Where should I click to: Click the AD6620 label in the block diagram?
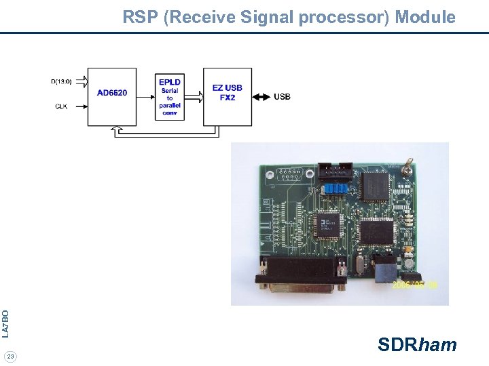[112, 93]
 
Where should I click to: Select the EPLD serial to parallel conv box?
[170, 96]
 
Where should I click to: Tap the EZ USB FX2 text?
[227, 93]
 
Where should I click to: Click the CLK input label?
[61, 106]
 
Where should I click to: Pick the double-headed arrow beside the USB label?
[261, 97]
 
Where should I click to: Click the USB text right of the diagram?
[282, 97]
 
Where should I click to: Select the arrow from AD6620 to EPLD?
[145, 97]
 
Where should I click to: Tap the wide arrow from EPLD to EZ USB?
[194, 97]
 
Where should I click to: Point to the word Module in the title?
[425, 17]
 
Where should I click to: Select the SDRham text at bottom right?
[417, 345]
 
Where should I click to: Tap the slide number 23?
[10, 357]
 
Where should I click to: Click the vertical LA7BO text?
[5, 323]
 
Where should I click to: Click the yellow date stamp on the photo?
[415, 285]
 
